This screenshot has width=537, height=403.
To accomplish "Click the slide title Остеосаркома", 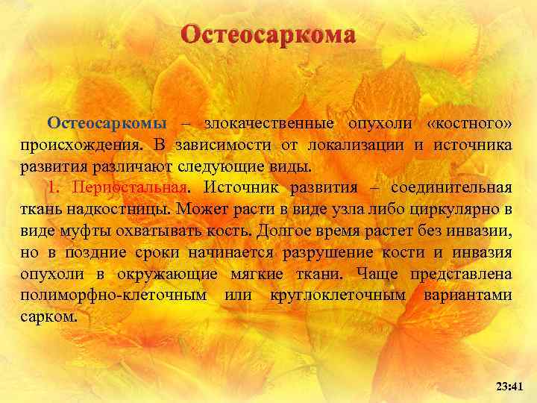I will pyautogui.click(x=268, y=35).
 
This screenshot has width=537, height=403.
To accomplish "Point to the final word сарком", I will pyautogui.click(x=48, y=317).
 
